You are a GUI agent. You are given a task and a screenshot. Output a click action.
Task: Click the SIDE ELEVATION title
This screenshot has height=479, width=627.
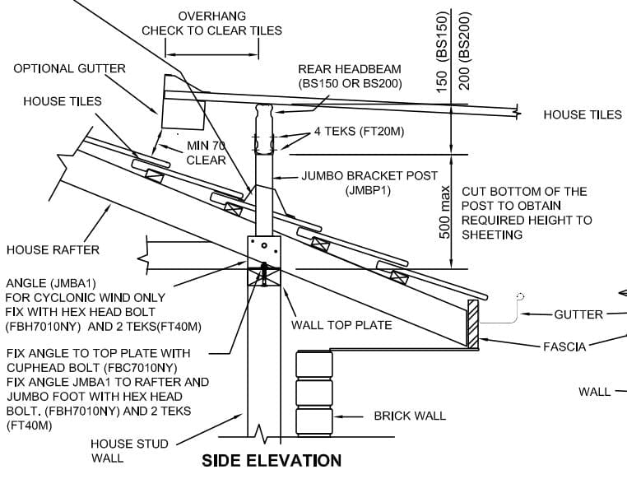[272, 461]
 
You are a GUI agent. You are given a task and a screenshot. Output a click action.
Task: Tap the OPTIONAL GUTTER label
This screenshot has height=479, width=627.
[70, 68]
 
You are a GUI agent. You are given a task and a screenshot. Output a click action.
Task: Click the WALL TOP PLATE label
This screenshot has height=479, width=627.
[341, 325]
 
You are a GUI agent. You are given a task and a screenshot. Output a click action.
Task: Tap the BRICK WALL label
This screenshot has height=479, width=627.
[410, 416]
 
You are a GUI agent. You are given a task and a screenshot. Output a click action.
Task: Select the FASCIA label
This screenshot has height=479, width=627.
[564, 346]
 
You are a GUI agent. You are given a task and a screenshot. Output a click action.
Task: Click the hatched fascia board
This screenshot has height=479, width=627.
[473, 324]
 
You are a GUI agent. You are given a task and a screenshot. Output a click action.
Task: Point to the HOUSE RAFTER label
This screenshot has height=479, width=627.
[53, 249]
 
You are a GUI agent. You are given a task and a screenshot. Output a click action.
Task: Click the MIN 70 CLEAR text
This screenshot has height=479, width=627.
[206, 153]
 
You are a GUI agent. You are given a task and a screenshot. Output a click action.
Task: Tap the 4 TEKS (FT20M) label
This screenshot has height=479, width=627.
[359, 131]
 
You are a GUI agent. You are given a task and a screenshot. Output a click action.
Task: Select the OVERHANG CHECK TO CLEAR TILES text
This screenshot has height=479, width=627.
[211, 23]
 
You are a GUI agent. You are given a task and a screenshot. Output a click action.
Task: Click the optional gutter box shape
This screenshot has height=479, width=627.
[183, 104]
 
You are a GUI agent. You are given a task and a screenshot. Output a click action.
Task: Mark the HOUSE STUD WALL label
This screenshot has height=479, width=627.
[129, 450]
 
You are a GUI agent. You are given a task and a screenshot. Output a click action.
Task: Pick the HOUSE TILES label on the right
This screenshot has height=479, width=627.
[583, 114]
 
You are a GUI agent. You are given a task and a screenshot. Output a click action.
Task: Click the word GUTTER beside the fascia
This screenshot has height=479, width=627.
[578, 314]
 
